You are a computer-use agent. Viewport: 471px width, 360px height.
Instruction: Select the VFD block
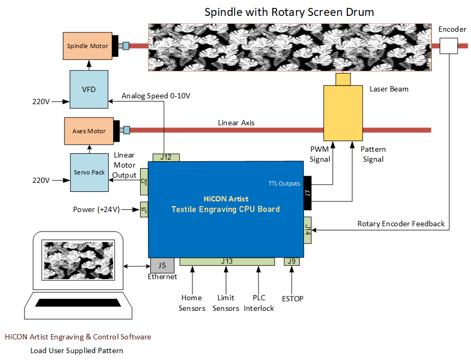pos(89,89)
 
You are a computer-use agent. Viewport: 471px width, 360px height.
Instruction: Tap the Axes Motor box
pos(89,131)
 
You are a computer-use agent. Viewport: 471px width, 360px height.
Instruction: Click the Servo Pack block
pos(89,172)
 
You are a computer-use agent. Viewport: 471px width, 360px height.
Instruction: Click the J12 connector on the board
pos(166,157)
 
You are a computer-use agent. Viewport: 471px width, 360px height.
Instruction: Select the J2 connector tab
pos(144,183)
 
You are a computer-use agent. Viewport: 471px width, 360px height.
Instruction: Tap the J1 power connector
pos(144,210)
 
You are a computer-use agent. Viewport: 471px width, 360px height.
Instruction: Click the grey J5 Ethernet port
pos(162,264)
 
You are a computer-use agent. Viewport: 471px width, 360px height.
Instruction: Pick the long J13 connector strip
pos(227,261)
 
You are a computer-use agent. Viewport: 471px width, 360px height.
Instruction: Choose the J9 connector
pos(291,261)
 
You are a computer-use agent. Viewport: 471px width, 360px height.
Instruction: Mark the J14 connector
pos(308,229)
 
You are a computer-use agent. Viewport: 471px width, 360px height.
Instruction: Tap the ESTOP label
pos(292,299)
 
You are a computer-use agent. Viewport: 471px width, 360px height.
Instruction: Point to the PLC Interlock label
pos(259,303)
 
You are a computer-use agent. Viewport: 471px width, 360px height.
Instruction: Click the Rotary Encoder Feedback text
pos(401,224)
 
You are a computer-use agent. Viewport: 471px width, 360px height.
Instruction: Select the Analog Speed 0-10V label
pos(156,96)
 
